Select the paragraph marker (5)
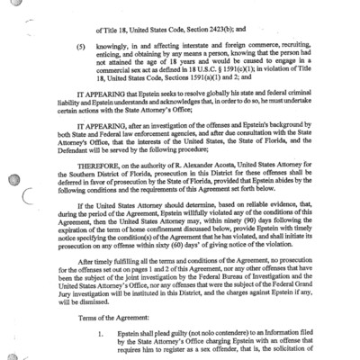[x=79, y=41]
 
